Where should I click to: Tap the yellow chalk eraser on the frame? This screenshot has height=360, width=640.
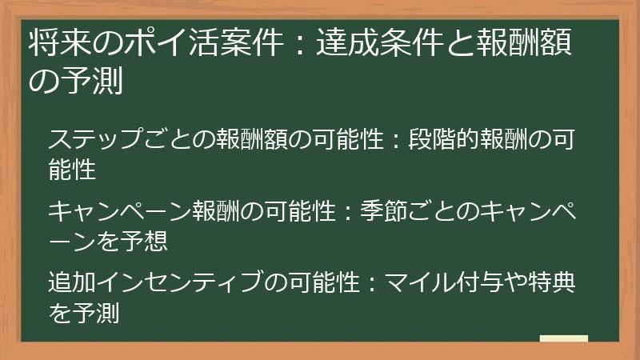[x=564, y=339]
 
